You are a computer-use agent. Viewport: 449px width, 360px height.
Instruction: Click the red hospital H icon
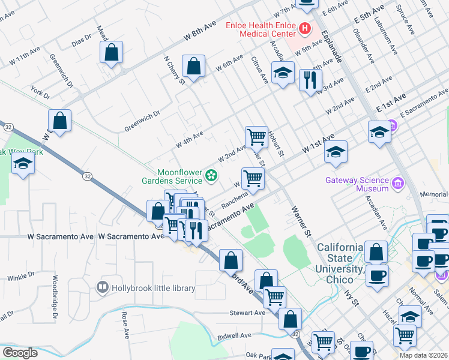[305, 28]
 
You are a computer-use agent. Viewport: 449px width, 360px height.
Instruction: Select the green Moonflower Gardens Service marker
[211, 175]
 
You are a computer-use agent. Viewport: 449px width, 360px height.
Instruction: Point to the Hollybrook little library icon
[103, 288]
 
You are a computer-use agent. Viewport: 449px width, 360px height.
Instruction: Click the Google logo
[20, 353]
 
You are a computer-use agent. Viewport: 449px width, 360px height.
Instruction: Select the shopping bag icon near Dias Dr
[112, 52]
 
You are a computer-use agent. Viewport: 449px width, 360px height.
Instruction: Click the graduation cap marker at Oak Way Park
[23, 164]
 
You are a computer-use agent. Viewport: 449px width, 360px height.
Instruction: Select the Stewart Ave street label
[247, 313]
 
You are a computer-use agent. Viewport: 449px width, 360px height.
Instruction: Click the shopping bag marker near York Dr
[60, 121]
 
